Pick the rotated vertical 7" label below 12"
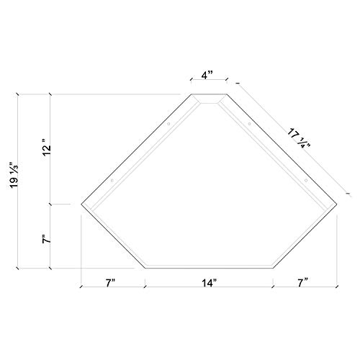45,238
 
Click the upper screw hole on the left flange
169,124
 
